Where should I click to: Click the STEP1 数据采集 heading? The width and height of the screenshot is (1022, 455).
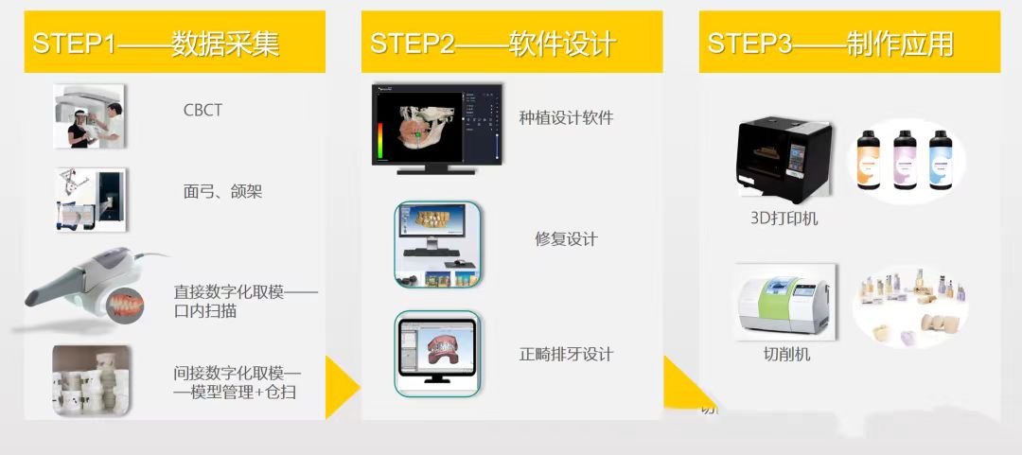pos(156,44)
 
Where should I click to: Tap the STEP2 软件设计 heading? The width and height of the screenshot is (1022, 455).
pos(493,44)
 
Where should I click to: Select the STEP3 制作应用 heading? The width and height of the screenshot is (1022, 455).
pos(831,44)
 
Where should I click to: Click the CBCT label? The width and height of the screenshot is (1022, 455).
pos(203,110)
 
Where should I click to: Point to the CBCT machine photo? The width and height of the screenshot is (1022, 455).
pos(89,116)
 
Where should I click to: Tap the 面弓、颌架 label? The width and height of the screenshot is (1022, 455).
pos(223,192)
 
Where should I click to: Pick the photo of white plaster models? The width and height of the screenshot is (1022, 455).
pos(91,380)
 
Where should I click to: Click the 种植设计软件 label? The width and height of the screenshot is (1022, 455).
pos(566,117)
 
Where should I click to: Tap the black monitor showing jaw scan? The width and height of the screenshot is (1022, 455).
pos(436,129)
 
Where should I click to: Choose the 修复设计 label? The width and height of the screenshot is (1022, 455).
pos(566,239)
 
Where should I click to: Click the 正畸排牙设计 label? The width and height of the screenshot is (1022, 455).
pos(566,355)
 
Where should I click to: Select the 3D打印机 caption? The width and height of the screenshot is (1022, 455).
pos(784,219)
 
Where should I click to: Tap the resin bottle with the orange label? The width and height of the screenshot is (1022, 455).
pos(869,161)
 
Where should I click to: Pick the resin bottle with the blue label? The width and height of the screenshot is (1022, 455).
pos(940,161)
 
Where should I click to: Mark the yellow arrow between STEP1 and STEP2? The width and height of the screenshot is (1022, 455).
pos(341,387)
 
